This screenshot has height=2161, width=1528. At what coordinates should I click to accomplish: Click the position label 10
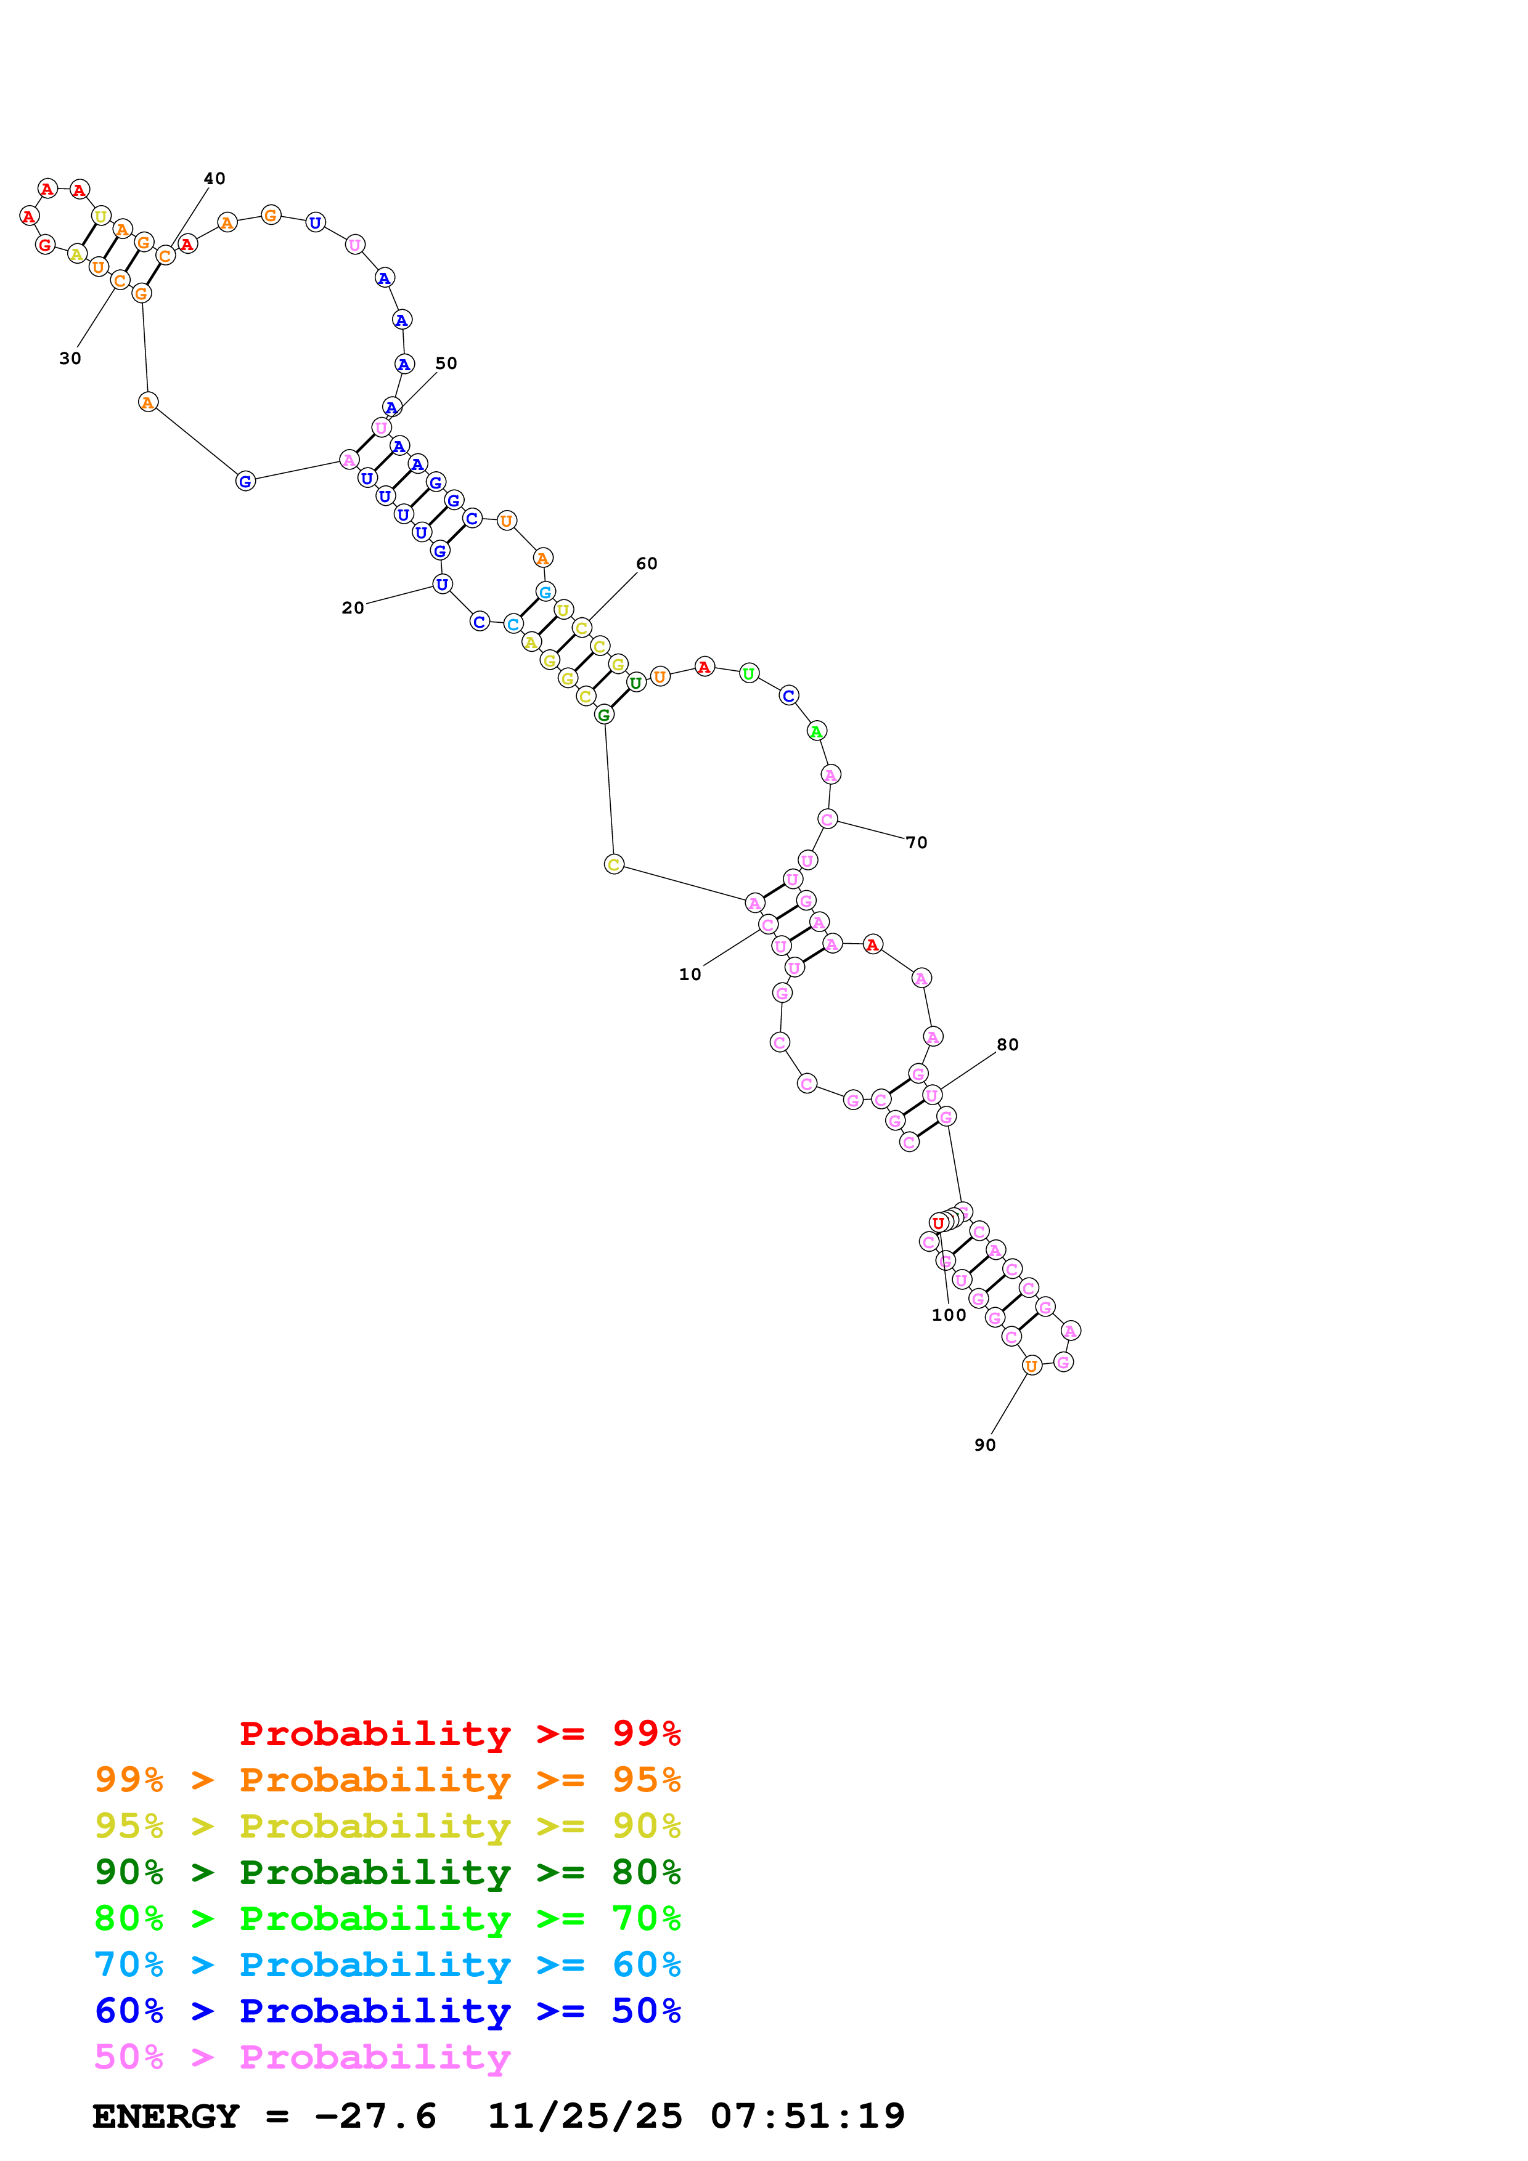click(x=690, y=974)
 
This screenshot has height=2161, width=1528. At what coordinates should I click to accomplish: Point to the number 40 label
click(x=214, y=179)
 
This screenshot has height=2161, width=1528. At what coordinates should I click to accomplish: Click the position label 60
click(x=647, y=564)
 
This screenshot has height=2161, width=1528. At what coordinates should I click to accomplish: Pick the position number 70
click(x=917, y=842)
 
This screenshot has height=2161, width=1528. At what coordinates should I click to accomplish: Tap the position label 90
click(x=985, y=1445)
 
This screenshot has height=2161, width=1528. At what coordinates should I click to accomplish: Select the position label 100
click(x=949, y=1315)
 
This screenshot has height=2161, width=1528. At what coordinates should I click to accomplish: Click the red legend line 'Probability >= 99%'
click(x=460, y=1733)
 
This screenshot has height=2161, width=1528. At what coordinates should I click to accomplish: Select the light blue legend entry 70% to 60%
click(x=388, y=1964)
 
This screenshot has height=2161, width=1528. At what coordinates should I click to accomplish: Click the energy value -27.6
click(x=375, y=2116)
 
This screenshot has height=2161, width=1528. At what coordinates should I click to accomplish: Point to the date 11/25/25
click(x=585, y=2116)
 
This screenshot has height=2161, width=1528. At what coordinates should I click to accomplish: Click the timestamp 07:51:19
click(x=808, y=2116)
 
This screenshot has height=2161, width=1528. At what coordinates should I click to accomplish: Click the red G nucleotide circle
click(x=44, y=245)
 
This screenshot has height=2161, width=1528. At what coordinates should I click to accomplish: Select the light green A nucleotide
click(x=816, y=731)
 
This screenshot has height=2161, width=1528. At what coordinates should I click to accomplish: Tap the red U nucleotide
click(x=938, y=1223)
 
